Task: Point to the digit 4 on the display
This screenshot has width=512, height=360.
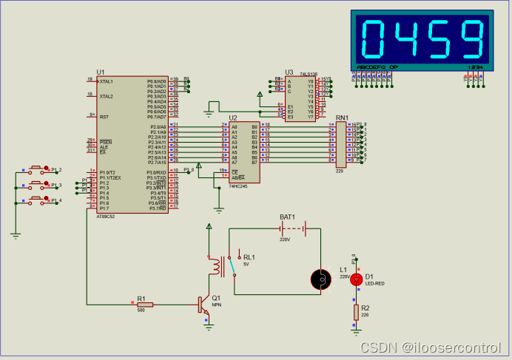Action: click(406, 40)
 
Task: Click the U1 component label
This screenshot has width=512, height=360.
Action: click(101, 71)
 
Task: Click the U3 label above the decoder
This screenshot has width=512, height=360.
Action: click(289, 72)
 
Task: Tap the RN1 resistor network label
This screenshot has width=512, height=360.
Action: click(342, 118)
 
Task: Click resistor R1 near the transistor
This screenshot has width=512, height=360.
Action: click(144, 304)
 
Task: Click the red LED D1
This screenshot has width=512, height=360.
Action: click(356, 279)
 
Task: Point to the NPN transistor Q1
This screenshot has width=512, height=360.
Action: click(203, 305)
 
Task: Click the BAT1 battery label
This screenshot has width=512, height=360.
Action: click(287, 217)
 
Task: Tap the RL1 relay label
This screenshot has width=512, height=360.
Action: click(249, 257)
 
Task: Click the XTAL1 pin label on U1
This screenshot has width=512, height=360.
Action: click(107, 81)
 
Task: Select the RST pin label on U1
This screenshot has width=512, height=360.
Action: click(104, 117)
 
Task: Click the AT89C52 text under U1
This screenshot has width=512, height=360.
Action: click(107, 217)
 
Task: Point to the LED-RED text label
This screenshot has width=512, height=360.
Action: click(374, 283)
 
